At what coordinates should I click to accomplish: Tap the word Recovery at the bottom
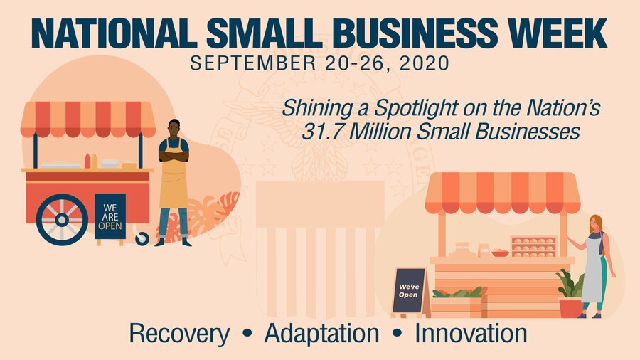(x=179, y=333)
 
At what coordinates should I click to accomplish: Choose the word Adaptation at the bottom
(x=321, y=333)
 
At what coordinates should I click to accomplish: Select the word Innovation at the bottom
(x=471, y=333)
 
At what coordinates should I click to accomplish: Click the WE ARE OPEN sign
(x=110, y=216)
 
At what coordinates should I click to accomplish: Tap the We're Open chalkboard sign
(x=409, y=290)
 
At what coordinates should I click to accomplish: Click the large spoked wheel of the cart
(x=62, y=220)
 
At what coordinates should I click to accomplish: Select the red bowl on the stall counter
(x=501, y=253)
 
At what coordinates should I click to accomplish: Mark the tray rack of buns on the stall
(x=533, y=245)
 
